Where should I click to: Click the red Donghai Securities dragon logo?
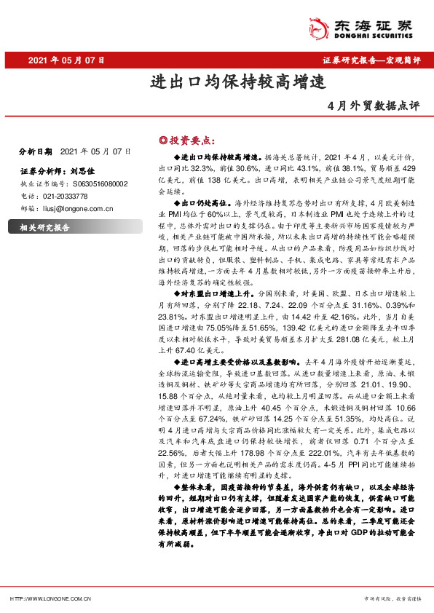pos(317,28)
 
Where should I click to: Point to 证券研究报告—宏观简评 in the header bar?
pos(371,60)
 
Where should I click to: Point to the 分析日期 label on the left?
pos(34,151)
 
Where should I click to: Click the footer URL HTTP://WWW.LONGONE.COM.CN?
pos(50,598)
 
